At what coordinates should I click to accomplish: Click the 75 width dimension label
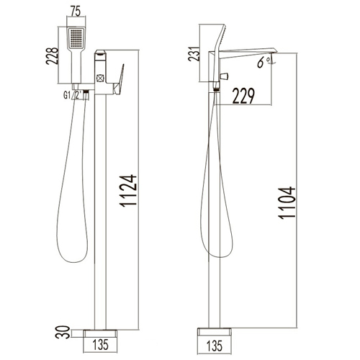[x=76, y=12]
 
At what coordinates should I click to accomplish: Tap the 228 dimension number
[x=52, y=55]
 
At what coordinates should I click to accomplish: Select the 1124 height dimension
[x=128, y=191]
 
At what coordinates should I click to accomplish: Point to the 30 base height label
[x=63, y=332]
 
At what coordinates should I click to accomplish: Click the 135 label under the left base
[x=100, y=345]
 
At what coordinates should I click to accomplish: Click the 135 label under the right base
[x=215, y=346]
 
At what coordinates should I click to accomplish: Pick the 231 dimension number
[x=194, y=53]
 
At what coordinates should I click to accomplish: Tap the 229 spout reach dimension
[x=243, y=96]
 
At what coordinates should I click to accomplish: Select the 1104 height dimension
[x=287, y=203]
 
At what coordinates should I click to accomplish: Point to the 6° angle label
[x=264, y=62]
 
